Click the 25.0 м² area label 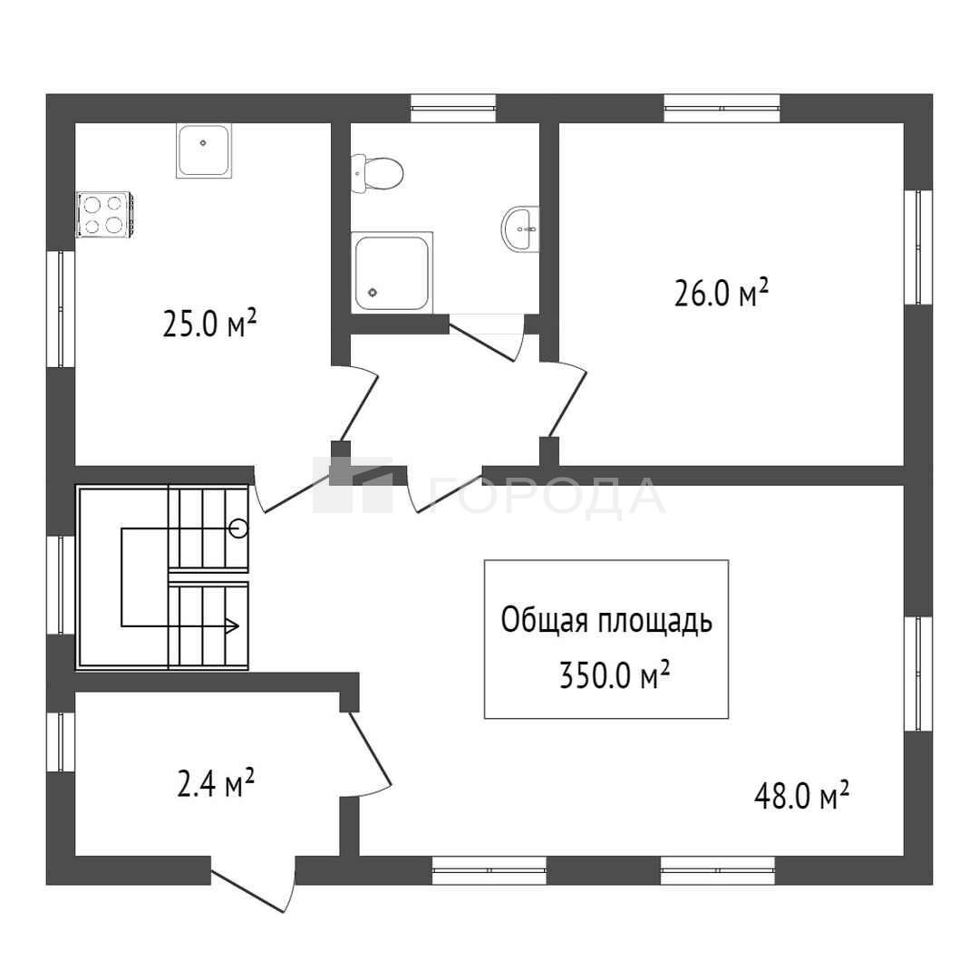click(x=209, y=324)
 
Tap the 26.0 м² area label click(x=722, y=292)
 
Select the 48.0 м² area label click(x=801, y=796)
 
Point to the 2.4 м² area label click(x=216, y=783)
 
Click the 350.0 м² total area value click(x=615, y=674)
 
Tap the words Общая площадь click(x=606, y=621)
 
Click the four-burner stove click(x=103, y=215)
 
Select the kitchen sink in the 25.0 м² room click(x=204, y=150)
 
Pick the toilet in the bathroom click(x=377, y=173)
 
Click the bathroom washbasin click(x=520, y=229)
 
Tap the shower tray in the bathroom click(x=393, y=272)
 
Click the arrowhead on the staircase click(x=232, y=625)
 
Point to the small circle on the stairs click(x=238, y=528)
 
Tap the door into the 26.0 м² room click(x=564, y=400)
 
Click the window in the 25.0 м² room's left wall click(x=61, y=308)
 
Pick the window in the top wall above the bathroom click(x=453, y=108)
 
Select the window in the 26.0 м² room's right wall click(x=918, y=247)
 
